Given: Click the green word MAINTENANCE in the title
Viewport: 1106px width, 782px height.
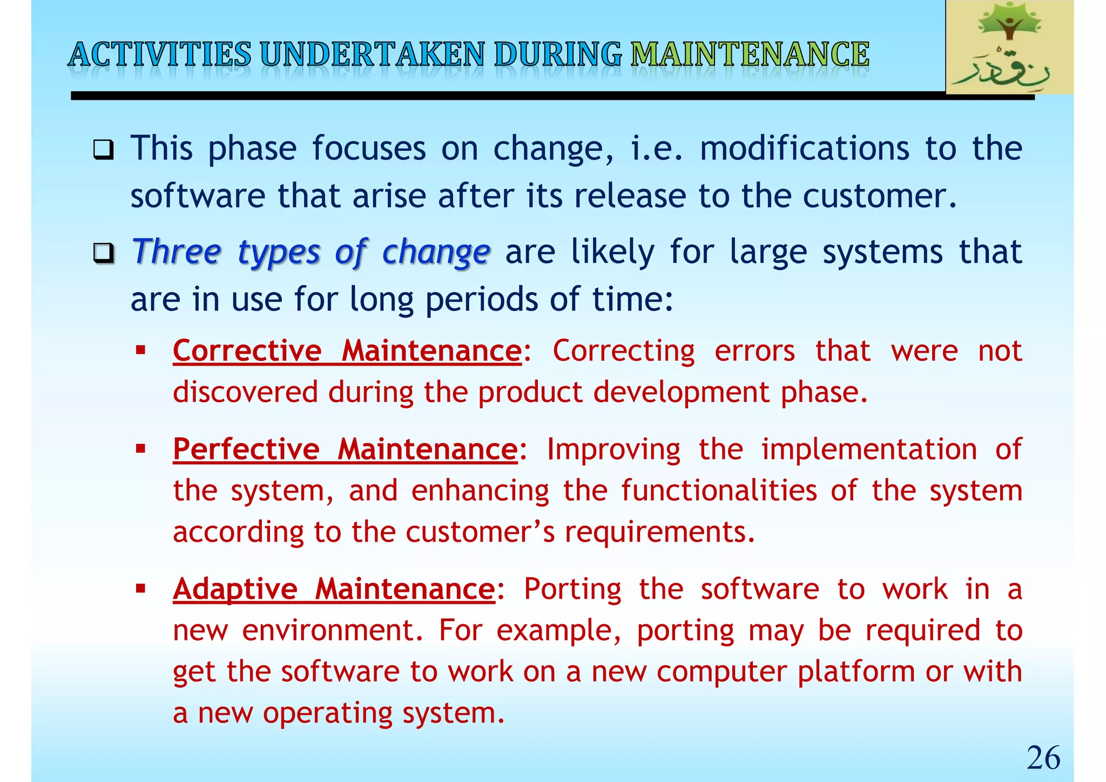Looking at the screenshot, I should click(x=750, y=55).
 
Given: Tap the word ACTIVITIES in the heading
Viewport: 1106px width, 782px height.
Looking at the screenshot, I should click(x=160, y=55).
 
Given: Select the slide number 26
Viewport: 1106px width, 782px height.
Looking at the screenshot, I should click(x=1043, y=757).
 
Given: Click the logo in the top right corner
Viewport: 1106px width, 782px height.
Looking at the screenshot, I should click(x=1009, y=47).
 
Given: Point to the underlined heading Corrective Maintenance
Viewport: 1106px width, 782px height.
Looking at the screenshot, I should click(x=347, y=351).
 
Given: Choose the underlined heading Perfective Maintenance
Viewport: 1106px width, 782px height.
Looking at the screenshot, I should click(x=345, y=449).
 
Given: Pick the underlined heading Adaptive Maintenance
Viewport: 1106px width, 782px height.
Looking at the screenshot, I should click(x=334, y=589).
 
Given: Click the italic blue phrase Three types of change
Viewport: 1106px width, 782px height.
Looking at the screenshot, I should click(x=311, y=252).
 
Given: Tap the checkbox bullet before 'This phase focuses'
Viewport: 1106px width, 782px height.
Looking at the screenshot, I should click(x=103, y=150).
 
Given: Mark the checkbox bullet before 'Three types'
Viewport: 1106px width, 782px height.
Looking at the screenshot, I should click(x=103, y=253).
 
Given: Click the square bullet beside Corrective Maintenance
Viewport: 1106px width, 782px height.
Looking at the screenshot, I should click(x=141, y=350).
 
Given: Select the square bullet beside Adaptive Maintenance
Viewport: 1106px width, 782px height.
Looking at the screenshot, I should click(x=141, y=588).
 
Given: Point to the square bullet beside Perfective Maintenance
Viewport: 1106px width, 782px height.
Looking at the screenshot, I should click(x=141, y=449).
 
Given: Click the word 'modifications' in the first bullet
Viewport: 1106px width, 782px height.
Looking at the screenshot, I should click(x=804, y=148).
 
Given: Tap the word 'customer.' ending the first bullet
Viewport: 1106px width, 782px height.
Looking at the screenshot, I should click(x=880, y=195).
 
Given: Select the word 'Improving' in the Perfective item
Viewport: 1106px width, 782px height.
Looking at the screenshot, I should click(x=613, y=449).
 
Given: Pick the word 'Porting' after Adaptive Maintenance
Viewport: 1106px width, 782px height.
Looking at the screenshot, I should click(x=572, y=589).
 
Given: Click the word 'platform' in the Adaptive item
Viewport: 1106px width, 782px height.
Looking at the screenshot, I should click(x=856, y=672).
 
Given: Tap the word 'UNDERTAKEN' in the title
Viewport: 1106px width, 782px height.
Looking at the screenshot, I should click(x=372, y=55).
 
